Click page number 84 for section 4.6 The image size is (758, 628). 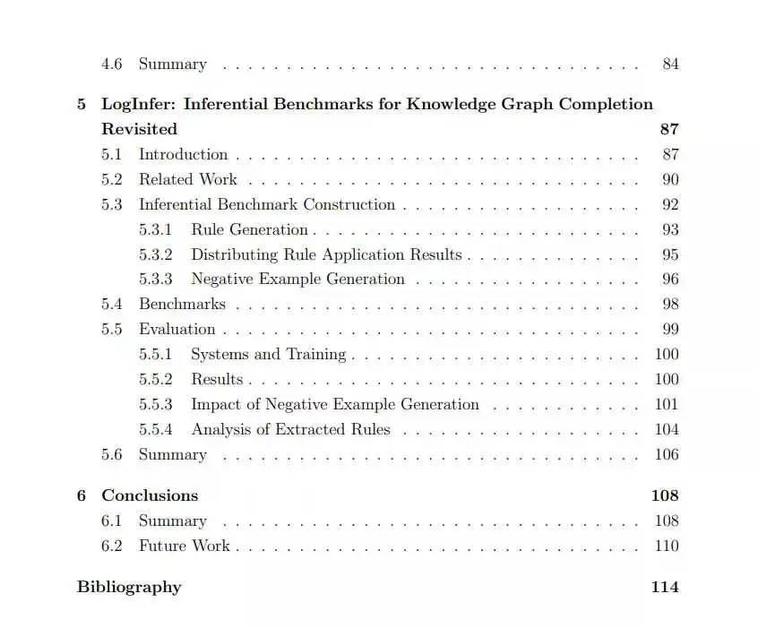(x=670, y=65)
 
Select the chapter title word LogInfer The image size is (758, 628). (x=138, y=104)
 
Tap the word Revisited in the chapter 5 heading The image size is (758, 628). (x=139, y=129)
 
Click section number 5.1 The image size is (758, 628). (x=112, y=154)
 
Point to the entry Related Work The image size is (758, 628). (x=188, y=179)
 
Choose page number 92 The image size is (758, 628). (x=670, y=204)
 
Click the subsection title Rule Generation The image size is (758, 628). (x=249, y=229)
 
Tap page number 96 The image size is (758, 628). (x=670, y=280)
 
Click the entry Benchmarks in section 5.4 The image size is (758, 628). (x=182, y=305)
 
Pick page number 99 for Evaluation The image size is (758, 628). (x=670, y=330)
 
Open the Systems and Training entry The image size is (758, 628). (x=268, y=355)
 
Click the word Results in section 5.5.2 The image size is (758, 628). (x=217, y=380)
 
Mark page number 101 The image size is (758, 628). (x=667, y=405)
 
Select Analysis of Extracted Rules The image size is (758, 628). (x=290, y=430)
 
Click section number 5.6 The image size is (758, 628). (x=112, y=455)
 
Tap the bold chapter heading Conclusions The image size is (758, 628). (x=150, y=495)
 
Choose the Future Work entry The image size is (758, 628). (x=184, y=546)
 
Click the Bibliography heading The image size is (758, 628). (x=129, y=588)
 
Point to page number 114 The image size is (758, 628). (x=665, y=588)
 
